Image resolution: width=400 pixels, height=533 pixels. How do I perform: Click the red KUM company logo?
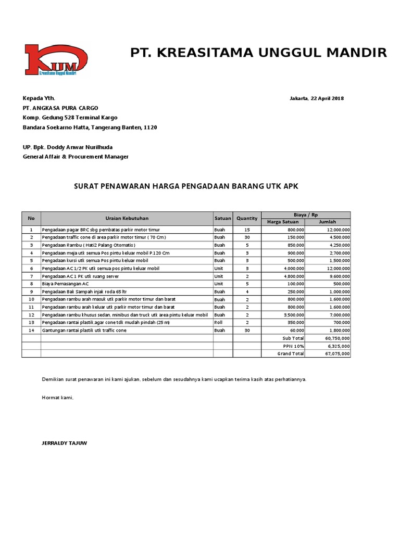tap(56, 61)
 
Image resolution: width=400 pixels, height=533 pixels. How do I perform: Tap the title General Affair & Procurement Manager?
tap(75, 157)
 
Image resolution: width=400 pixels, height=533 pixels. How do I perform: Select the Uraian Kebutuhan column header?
tap(127, 219)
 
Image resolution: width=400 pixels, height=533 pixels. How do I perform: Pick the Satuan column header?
tap(222, 219)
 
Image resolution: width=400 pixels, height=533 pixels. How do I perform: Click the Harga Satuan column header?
tap(283, 222)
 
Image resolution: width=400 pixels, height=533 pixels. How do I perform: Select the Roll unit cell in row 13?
tap(219, 323)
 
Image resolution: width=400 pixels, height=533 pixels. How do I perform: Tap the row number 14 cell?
tap(31, 331)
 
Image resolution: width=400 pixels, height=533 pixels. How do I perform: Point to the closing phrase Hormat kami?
tap(58, 398)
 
